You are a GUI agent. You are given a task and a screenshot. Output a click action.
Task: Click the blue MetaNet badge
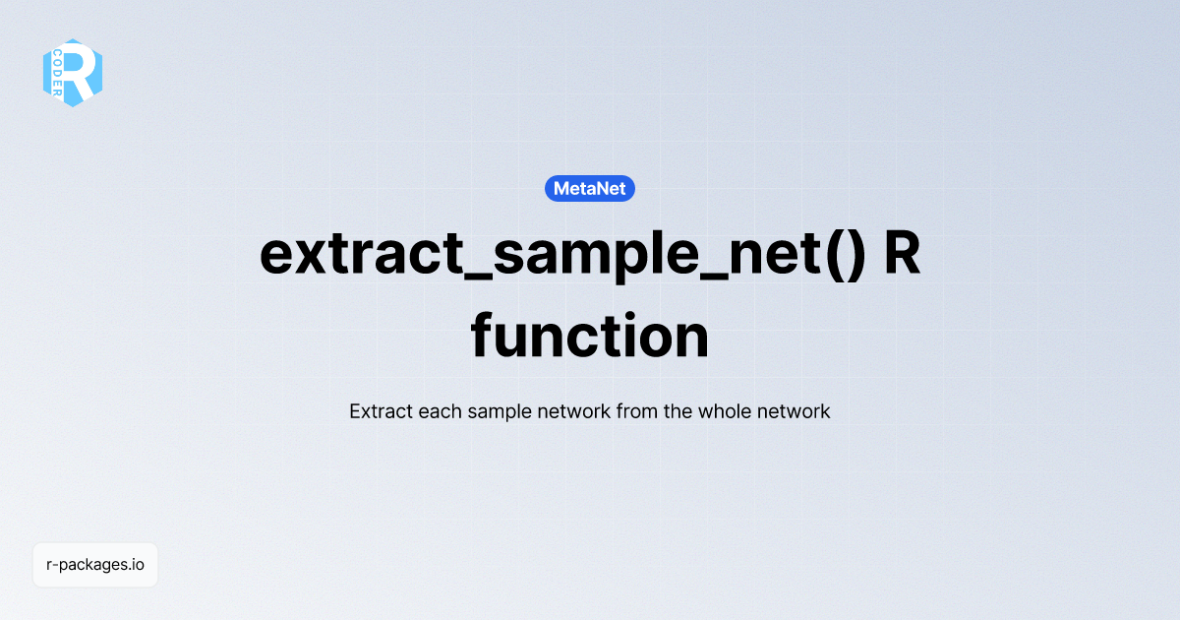coord(590,188)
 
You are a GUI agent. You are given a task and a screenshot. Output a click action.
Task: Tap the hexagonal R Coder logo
coord(73,73)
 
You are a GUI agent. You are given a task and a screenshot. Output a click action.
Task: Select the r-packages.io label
coord(95,565)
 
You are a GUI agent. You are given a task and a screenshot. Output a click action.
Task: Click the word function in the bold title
coord(590,337)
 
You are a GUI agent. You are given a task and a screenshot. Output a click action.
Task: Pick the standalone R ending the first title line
coord(902,254)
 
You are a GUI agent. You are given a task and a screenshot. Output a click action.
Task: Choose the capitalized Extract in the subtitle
coord(381,411)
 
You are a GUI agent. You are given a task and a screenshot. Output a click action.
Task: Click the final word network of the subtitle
coord(794,411)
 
